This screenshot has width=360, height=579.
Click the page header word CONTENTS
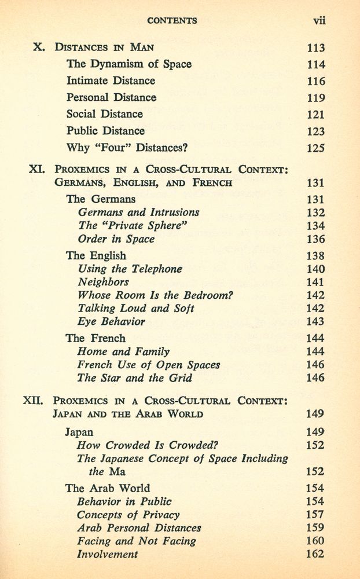coord(172,20)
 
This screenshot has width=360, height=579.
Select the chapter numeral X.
coord(39,47)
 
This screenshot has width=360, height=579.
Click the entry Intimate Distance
coord(111,80)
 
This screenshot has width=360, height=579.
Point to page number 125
coord(315,148)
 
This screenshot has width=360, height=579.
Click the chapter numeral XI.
coord(36,170)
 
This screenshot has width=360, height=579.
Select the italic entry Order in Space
coord(116,239)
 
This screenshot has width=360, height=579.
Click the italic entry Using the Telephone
coord(130,269)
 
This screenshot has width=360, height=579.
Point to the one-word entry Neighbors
coord(103,282)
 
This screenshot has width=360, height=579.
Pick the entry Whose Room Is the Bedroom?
coord(146,295)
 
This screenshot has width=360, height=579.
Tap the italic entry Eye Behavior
coord(111,321)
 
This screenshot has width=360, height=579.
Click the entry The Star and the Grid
coord(134,378)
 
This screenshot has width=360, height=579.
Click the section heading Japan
coord(79,431)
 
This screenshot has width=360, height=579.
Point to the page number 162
coord(315,554)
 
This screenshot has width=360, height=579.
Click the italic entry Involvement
coord(108,554)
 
